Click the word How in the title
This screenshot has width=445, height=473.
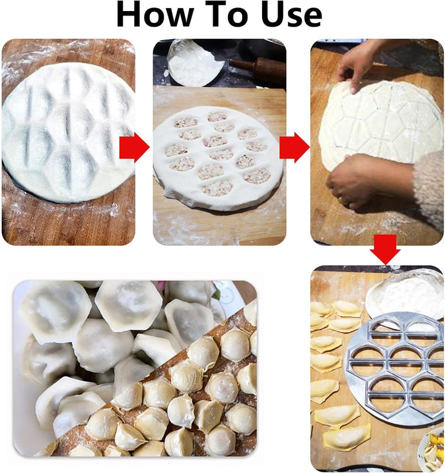[157, 15]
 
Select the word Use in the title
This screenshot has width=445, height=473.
[290, 15]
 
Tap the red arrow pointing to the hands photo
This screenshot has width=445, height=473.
[294, 148]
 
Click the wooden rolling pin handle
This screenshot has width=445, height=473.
[256, 67]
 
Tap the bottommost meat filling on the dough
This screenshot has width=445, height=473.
[217, 188]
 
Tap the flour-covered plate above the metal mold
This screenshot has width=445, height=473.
[405, 293]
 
